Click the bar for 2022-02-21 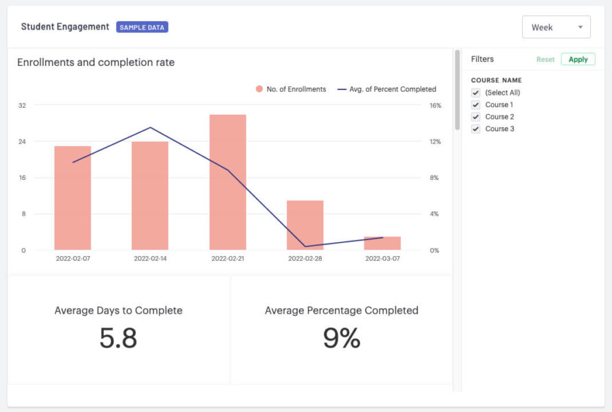[227, 182]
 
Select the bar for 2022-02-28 [305, 225]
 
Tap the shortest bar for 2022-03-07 [382, 243]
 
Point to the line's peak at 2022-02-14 [150, 128]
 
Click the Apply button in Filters [578, 60]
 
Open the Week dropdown [556, 27]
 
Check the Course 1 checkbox [475, 105]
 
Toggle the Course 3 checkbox [475, 129]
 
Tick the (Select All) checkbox [475, 93]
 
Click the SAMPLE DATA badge [142, 27]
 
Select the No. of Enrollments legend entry [292, 89]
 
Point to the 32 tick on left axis [22, 105]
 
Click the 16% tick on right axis [435, 105]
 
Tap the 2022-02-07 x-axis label [72, 259]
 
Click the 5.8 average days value [118, 339]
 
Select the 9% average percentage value [341, 339]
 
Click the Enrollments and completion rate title [95, 62]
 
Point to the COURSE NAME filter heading [496, 80]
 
